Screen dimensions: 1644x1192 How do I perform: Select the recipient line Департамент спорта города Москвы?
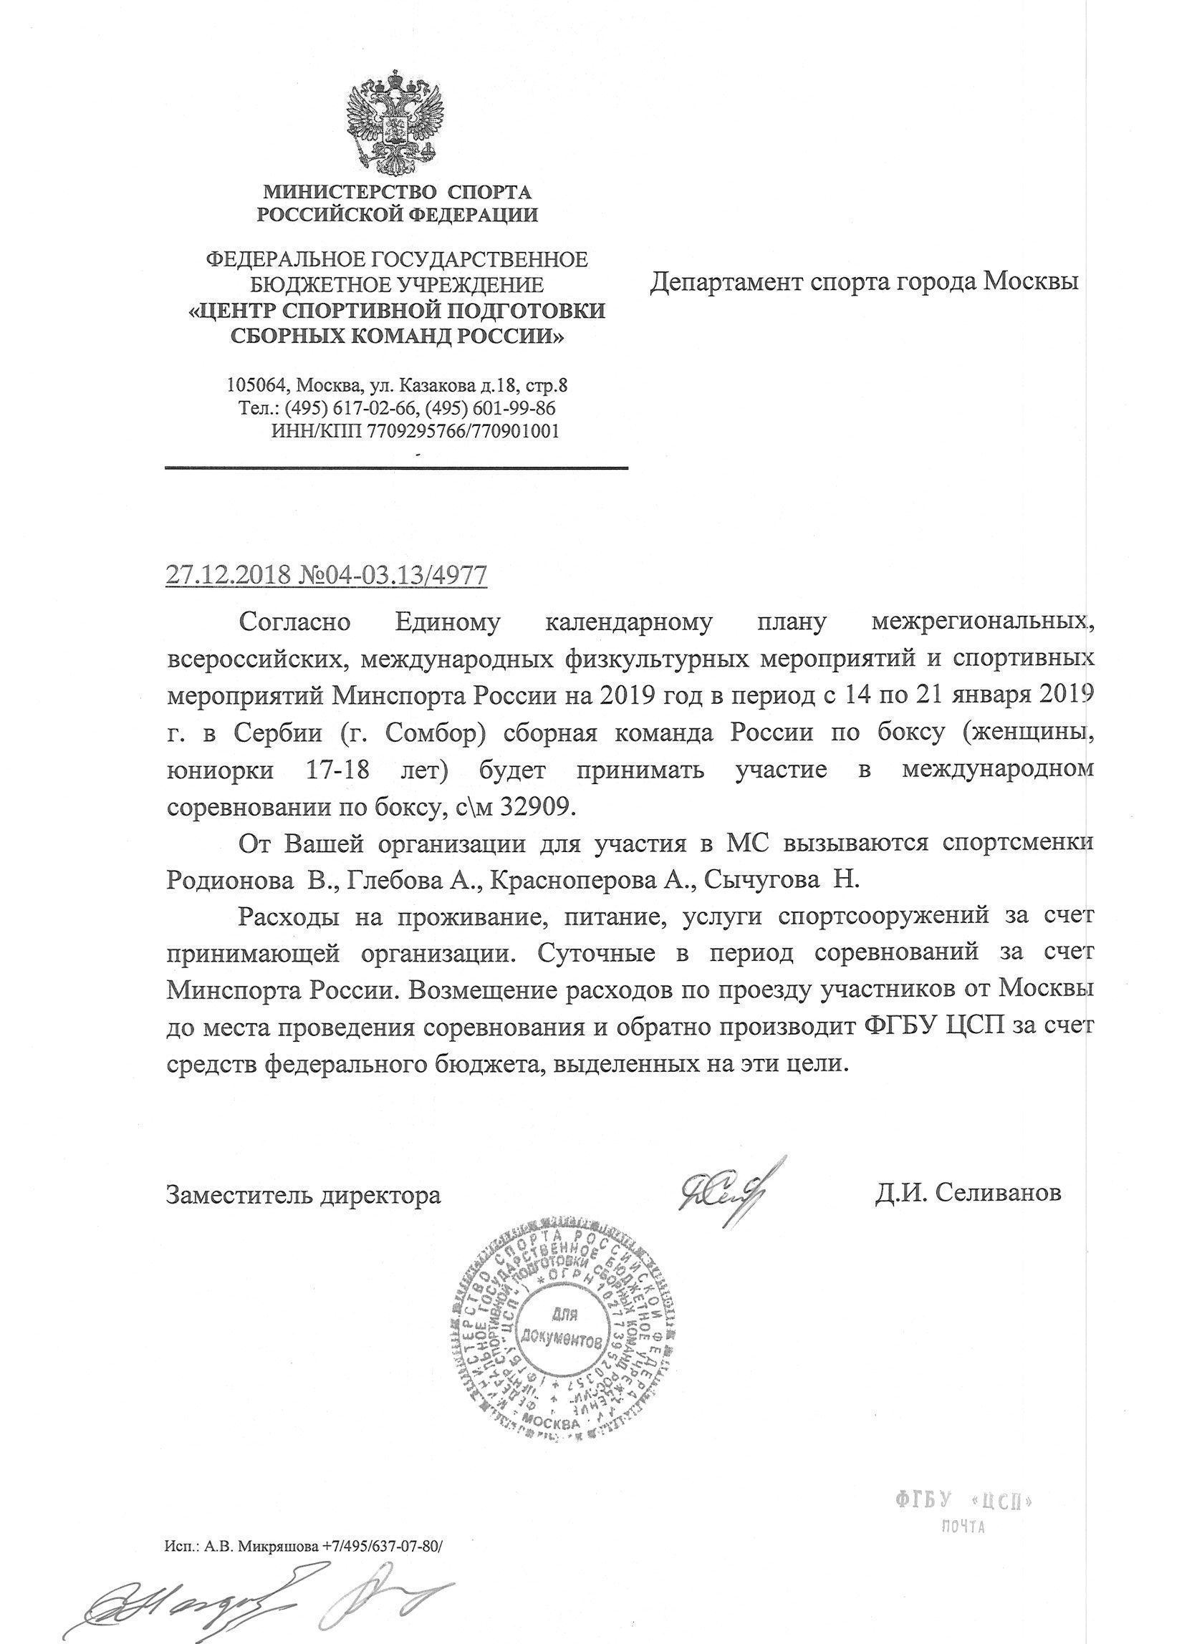click(863, 281)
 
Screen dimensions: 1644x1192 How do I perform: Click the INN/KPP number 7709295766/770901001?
click(464, 431)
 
